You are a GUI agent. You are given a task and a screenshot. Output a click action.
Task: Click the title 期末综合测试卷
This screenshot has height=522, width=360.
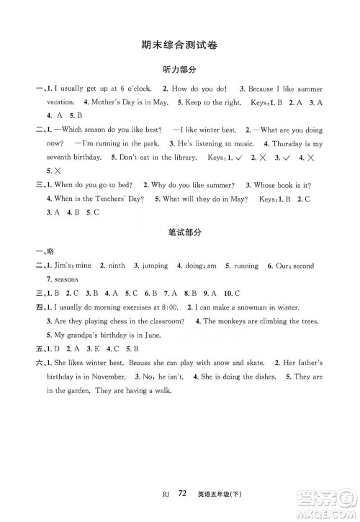[x=179, y=44]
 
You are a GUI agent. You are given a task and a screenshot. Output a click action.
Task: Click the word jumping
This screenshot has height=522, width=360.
[x=155, y=266]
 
